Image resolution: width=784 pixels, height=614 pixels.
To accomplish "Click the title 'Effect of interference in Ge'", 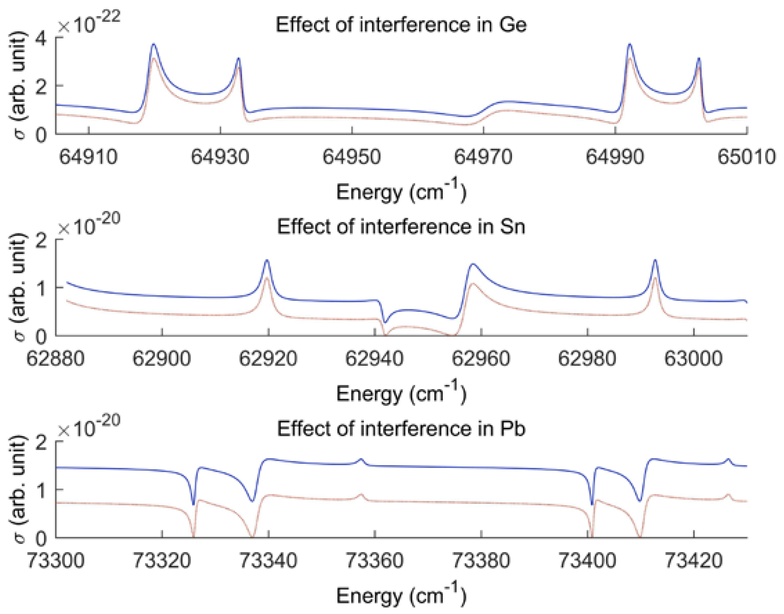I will (x=401, y=25).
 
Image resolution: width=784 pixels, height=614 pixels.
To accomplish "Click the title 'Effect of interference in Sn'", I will (x=401, y=227).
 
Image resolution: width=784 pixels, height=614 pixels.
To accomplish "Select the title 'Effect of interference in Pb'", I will (x=401, y=429).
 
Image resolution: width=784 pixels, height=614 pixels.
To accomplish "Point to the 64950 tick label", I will (x=351, y=157).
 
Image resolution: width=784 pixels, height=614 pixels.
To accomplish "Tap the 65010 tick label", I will (x=746, y=157).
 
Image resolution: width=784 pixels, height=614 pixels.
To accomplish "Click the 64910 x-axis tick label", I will (x=88, y=157).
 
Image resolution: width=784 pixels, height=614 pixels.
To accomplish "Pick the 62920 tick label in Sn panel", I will (x=268, y=359).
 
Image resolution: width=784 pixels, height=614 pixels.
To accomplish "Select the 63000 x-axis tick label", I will (x=693, y=359).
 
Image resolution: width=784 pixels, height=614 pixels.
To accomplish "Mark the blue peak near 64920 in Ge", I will (x=154, y=44).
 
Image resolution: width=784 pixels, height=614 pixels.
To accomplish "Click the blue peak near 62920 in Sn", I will (x=267, y=260).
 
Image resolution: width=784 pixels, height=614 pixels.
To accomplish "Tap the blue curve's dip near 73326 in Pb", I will (x=193, y=504).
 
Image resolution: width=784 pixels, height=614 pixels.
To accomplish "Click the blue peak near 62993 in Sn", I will (x=655, y=260).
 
